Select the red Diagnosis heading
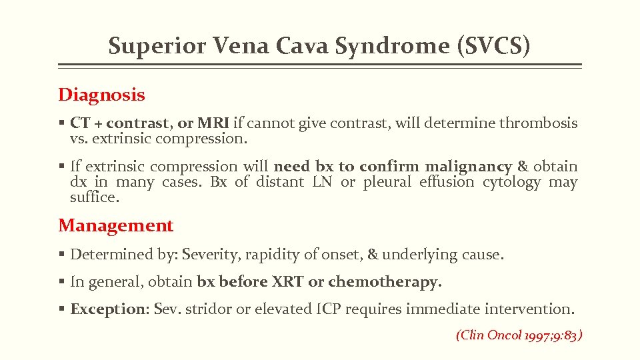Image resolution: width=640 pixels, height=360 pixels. pos(101,95)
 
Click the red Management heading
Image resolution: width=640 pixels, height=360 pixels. pos(116,225)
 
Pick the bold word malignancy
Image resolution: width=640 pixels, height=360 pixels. pos(469,166)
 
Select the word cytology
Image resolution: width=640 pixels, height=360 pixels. pos(511,182)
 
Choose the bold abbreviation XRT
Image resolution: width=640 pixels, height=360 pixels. pos(287,282)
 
